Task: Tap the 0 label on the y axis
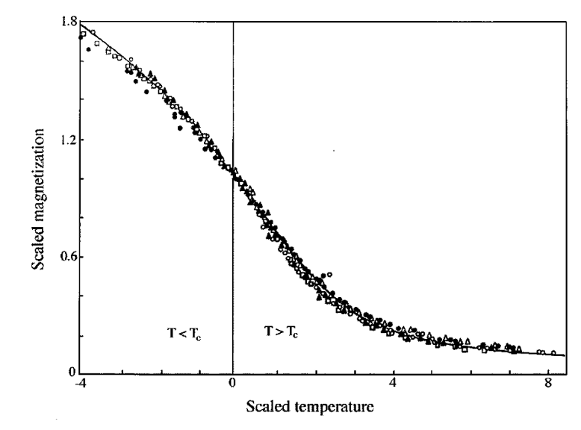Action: click(x=72, y=372)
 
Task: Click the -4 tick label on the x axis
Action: click(x=81, y=382)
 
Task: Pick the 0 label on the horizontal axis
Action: click(x=232, y=382)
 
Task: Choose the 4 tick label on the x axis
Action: click(x=393, y=382)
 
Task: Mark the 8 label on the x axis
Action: click(x=549, y=382)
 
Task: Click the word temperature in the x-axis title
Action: click(x=335, y=407)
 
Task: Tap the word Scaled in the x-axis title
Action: click(x=268, y=406)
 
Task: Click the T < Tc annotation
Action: click(x=184, y=334)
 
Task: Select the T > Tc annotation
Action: click(x=282, y=331)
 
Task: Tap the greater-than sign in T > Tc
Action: click(x=279, y=331)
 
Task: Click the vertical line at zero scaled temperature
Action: click(x=233, y=197)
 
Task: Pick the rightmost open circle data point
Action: click(x=553, y=353)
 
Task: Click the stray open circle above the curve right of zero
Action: click(x=330, y=275)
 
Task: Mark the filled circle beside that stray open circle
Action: click(x=323, y=275)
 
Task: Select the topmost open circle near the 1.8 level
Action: click(x=93, y=32)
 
